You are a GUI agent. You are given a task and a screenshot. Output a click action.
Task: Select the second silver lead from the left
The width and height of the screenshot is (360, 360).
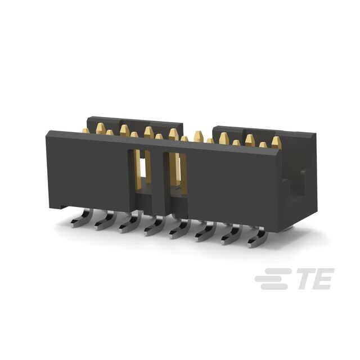[105, 221]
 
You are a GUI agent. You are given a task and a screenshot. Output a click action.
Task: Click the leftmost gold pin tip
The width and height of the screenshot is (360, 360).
[86, 130]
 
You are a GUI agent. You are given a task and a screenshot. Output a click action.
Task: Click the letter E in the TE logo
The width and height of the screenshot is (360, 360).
[325, 279]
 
